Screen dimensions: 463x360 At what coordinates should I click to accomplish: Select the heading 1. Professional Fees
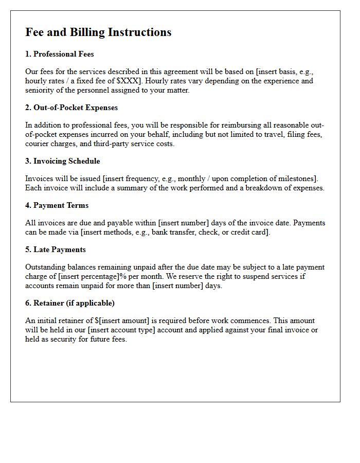click(60, 54)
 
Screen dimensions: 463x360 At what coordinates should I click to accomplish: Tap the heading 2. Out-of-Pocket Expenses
click(71, 108)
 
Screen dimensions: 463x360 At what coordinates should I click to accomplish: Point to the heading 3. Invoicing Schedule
click(63, 161)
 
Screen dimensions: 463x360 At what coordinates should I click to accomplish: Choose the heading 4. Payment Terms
click(57, 205)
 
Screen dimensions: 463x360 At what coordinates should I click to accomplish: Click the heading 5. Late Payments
click(56, 250)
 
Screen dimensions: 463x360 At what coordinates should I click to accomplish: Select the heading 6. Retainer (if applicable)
click(70, 303)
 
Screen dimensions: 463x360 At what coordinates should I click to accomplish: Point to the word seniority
click(41, 91)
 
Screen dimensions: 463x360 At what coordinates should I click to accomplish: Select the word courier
click(38, 144)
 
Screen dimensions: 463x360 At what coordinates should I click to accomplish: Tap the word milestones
click(298, 179)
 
